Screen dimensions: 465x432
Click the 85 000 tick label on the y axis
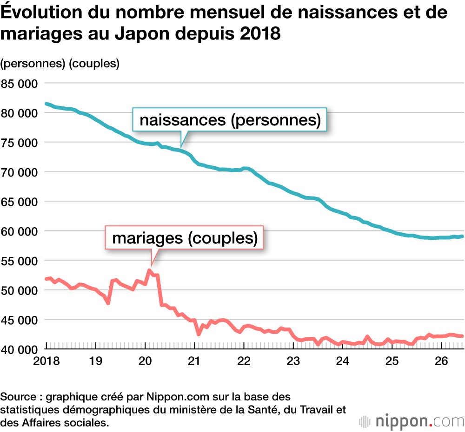[x=19, y=84]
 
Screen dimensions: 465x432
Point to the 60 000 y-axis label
[x=19, y=232]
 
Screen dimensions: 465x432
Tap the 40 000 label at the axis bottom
[x=19, y=350]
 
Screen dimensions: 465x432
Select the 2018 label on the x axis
[x=46, y=361]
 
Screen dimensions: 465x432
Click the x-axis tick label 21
[x=194, y=361]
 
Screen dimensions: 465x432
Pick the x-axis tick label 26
[x=441, y=361]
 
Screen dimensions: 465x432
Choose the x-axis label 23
[x=293, y=361]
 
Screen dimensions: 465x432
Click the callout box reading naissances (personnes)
[x=230, y=120]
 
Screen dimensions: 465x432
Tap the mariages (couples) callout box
[x=184, y=238]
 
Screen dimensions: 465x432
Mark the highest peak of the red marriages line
[x=149, y=270]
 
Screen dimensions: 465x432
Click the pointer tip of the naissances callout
[x=181, y=147]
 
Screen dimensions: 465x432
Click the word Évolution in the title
[x=41, y=12]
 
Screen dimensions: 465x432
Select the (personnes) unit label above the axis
[x=33, y=64]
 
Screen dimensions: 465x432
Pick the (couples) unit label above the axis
[x=94, y=64]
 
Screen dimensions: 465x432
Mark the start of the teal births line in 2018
[x=46, y=104]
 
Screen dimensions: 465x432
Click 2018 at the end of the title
[x=260, y=33]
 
